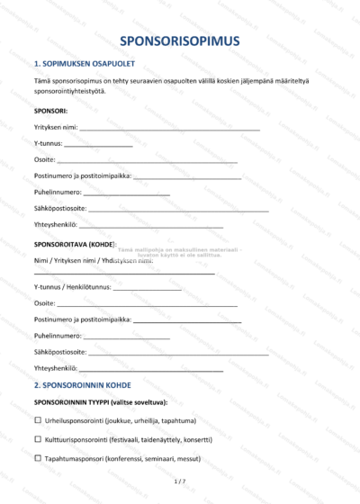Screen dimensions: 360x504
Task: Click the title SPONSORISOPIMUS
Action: click(x=179, y=41)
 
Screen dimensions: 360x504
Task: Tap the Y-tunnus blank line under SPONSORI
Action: click(x=98, y=144)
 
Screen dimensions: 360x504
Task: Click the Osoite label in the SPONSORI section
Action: click(x=44, y=160)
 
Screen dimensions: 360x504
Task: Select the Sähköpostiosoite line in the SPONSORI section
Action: click(x=180, y=209)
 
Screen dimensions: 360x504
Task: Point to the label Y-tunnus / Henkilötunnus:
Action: click(x=73, y=287)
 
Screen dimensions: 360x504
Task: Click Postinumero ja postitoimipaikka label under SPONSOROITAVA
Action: click(x=83, y=319)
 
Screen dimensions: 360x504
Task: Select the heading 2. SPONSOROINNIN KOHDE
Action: click(x=82, y=385)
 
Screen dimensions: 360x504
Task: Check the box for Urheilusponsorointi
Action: click(x=38, y=420)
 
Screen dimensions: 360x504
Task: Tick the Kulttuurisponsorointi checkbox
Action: click(x=38, y=439)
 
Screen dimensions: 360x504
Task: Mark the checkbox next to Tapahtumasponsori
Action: click(x=38, y=458)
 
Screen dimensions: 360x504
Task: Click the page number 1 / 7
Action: click(x=179, y=482)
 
